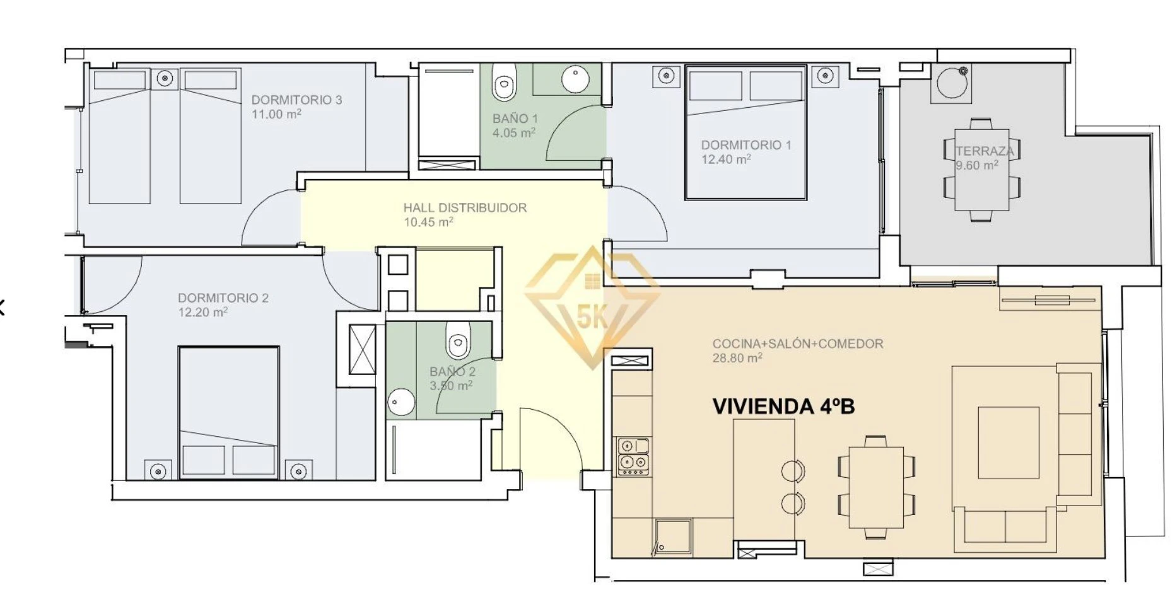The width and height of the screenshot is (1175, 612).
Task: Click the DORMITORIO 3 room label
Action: (x=296, y=100)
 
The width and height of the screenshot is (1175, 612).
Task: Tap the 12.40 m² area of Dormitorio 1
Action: (x=726, y=159)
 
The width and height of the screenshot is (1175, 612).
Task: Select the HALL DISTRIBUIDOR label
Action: (x=465, y=207)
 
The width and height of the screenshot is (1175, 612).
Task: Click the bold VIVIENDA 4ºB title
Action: (x=783, y=407)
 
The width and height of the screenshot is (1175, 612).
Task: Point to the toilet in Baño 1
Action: (x=505, y=82)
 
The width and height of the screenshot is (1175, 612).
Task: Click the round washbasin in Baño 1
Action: (x=575, y=79)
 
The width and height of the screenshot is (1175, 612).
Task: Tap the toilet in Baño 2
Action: (x=459, y=340)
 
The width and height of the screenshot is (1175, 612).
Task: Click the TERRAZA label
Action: (x=985, y=151)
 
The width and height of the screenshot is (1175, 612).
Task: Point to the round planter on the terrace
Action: (x=952, y=82)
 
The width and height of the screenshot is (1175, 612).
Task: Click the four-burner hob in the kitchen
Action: (x=633, y=456)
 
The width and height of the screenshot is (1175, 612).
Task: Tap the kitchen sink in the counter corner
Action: (x=673, y=537)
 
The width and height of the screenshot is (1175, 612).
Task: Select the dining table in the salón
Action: (x=877, y=487)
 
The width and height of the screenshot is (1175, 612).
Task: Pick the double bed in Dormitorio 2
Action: (x=228, y=412)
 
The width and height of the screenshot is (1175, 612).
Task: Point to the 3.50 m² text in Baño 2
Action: (x=451, y=385)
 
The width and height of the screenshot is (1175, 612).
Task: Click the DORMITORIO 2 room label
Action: (x=223, y=297)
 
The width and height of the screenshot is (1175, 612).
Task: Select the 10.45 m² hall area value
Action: (x=428, y=222)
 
